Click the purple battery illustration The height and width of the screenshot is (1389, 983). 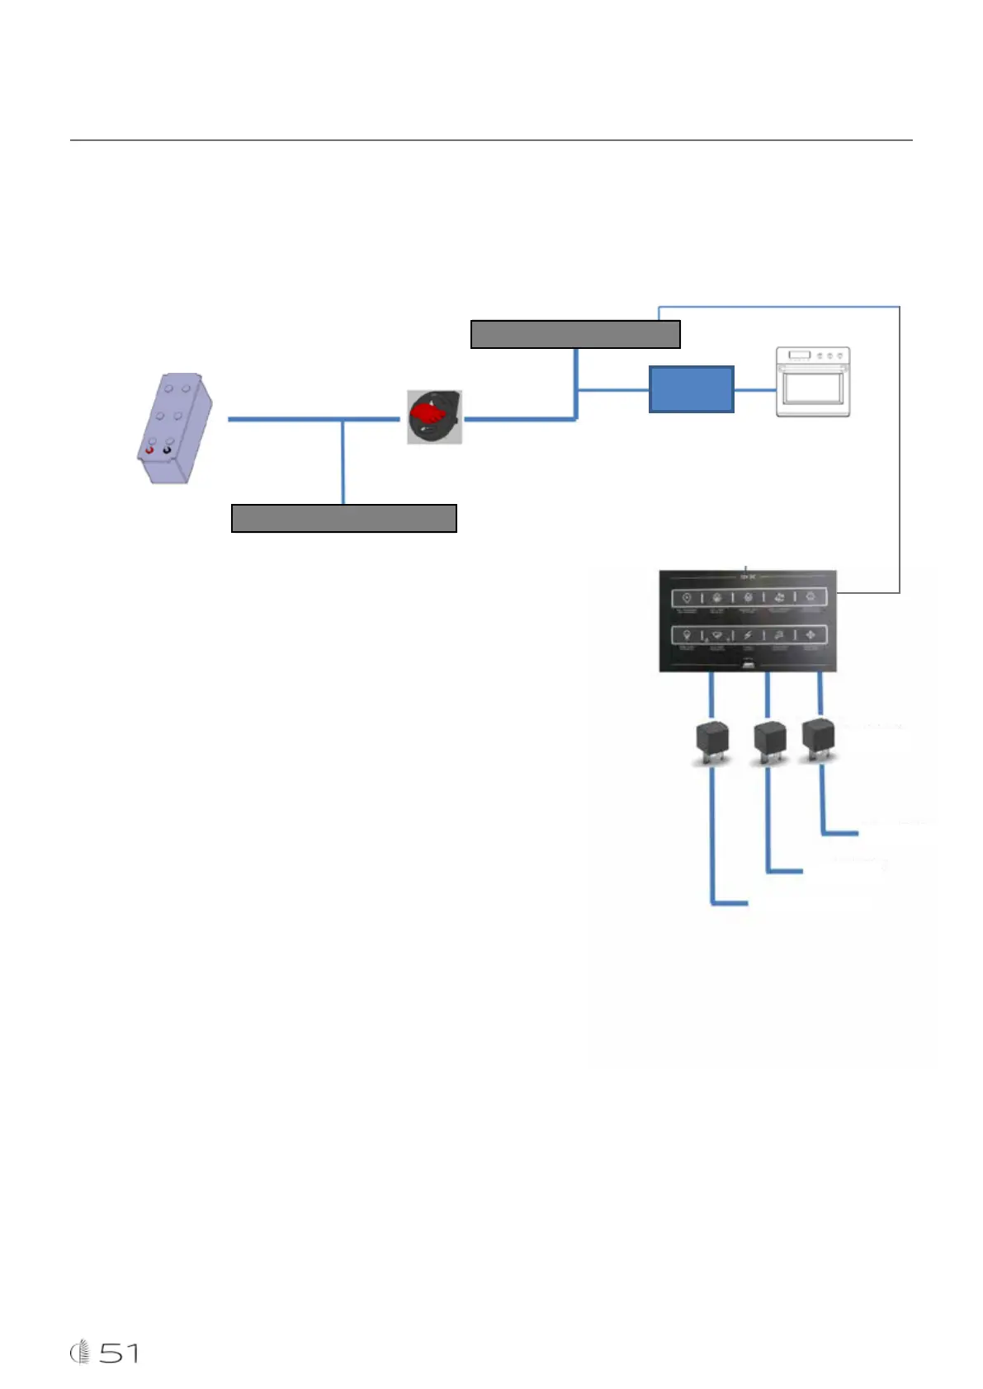pyautogui.click(x=174, y=427)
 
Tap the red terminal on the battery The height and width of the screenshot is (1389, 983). pyautogui.click(x=149, y=450)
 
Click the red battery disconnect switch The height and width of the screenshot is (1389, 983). pyautogui.click(x=434, y=417)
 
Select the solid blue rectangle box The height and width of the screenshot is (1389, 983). pyautogui.click(x=691, y=388)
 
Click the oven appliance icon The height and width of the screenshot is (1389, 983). pyautogui.click(x=813, y=382)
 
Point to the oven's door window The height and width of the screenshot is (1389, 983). pyautogui.click(x=812, y=391)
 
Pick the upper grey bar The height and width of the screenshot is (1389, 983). pyautogui.click(x=575, y=334)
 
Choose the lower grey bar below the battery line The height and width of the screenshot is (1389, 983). pyautogui.click(x=343, y=518)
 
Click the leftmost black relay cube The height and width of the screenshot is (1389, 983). pyautogui.click(x=712, y=742)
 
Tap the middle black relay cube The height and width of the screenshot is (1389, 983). pyautogui.click(x=770, y=740)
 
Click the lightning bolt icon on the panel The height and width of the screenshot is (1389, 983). pyautogui.click(x=748, y=635)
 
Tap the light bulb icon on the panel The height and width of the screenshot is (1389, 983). pyautogui.click(x=686, y=635)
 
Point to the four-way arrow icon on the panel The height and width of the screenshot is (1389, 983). pyautogui.click(x=810, y=635)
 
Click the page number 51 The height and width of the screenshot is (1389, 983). pyautogui.click(x=120, y=1353)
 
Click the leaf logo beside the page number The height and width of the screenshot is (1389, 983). pyautogui.click(x=80, y=1353)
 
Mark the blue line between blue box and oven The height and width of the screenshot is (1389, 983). pyautogui.click(x=754, y=389)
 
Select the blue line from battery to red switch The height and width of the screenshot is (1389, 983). pyautogui.click(x=314, y=419)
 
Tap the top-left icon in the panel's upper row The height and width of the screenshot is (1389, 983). pyautogui.click(x=686, y=598)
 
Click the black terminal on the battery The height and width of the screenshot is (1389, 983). pyautogui.click(x=168, y=450)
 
